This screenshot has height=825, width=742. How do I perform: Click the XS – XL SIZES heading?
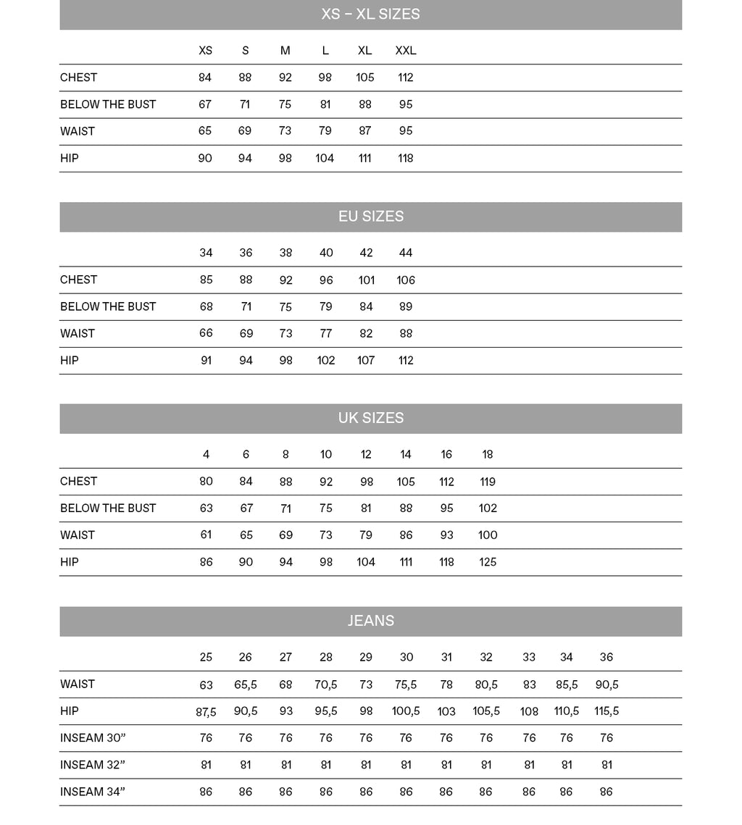coord(370,14)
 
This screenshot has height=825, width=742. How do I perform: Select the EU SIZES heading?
coord(370,217)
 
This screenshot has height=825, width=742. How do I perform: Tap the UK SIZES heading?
coord(370,418)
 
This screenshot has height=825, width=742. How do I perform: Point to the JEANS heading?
coord(370,621)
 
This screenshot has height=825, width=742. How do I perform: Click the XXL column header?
coord(406,51)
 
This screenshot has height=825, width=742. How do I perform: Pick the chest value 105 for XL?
coord(365,78)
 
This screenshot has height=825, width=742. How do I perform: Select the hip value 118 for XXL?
coord(406,158)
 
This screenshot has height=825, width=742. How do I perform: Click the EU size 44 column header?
coord(406,253)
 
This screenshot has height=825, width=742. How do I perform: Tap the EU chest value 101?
coord(366,280)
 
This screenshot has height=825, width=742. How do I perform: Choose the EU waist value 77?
coord(326,334)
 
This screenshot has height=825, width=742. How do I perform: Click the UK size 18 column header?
coord(488,455)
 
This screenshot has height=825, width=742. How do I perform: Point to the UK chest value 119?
coord(488,482)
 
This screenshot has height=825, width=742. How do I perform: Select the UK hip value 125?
coord(488,562)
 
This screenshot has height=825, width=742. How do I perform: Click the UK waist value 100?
coord(488,535)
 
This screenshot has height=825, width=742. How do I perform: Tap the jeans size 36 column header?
coord(606,658)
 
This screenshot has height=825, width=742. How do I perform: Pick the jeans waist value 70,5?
coord(326,685)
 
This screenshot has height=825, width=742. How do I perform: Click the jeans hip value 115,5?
coord(606,711)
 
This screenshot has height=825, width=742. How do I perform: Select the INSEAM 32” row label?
coord(93,765)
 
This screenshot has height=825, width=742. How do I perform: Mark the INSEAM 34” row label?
coord(93,792)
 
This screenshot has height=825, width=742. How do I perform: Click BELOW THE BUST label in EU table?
coord(108,306)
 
